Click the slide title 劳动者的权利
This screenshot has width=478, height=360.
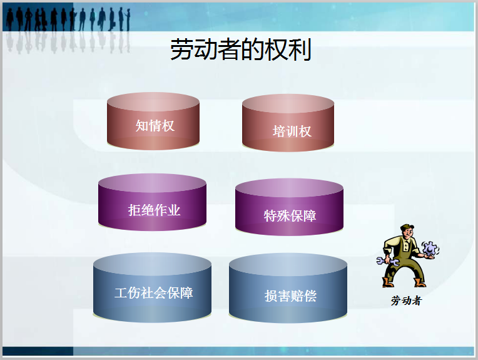tap(241, 50)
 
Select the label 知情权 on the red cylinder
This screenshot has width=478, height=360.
tap(155, 125)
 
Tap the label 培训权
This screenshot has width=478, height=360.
tap(292, 131)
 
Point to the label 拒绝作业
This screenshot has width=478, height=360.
tap(154, 210)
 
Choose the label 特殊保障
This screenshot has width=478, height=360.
tap(290, 215)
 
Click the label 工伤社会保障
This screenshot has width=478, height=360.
tap(153, 292)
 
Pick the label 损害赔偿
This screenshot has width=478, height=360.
tap(290, 296)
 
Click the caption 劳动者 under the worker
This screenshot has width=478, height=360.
tap(406, 301)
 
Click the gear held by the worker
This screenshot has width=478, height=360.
tap(430, 249)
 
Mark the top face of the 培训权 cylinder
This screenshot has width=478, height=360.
tap(288, 104)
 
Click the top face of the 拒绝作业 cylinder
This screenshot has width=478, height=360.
tap(152, 183)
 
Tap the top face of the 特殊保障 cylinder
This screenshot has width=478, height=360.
tap(289, 188)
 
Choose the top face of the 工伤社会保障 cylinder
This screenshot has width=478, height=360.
tap(152, 264)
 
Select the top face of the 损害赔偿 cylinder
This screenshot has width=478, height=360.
tap(288, 265)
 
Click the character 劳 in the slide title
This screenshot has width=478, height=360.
tap(182, 50)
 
